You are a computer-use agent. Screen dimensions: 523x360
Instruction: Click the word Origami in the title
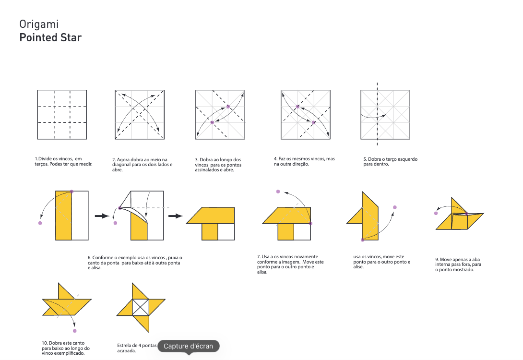[x=39, y=24]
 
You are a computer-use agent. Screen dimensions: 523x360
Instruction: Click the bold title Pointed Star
[x=50, y=37]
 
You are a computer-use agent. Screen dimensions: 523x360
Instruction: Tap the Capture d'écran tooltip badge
[x=189, y=346]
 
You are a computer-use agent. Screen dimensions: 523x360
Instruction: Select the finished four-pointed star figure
[x=141, y=308]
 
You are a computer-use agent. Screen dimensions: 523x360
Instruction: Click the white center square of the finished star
[x=141, y=307]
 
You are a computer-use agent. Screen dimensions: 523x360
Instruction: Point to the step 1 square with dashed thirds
[x=62, y=114]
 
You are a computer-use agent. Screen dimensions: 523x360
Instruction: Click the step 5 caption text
[x=390, y=161]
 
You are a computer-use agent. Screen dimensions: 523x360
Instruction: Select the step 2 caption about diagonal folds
[x=143, y=165]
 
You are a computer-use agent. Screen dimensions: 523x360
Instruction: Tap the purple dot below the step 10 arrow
[x=75, y=331]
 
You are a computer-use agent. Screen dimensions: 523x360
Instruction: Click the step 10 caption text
[x=66, y=348]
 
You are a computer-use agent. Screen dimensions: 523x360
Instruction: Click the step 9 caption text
[x=458, y=264]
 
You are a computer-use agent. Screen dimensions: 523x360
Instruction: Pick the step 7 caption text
[x=290, y=264]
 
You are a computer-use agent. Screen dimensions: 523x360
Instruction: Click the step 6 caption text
[x=135, y=263]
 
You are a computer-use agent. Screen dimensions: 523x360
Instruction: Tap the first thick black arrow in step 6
[x=102, y=216]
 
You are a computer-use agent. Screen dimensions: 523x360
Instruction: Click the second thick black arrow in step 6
[x=176, y=216]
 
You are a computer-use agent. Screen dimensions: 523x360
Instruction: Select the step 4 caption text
[x=304, y=161]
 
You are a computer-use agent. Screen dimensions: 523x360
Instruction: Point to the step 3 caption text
[x=218, y=165]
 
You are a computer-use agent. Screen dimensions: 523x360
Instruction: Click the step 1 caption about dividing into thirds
[x=63, y=161]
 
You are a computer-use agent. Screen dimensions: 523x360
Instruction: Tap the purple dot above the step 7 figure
[x=278, y=192]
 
